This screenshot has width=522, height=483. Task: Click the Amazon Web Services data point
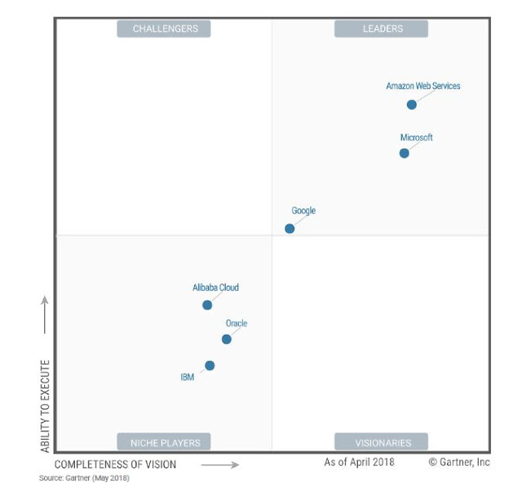point(412,104)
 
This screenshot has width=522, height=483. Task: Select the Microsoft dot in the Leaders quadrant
point(405,153)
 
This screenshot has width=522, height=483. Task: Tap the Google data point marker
point(290,228)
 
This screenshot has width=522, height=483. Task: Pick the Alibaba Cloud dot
point(207,305)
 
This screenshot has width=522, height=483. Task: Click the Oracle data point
point(227,339)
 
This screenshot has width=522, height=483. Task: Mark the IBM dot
point(210,366)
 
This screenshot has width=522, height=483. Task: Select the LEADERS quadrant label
point(383,29)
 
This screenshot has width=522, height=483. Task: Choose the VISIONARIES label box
point(383,443)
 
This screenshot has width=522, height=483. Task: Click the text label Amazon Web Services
point(422,86)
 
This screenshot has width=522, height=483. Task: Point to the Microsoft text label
point(416,138)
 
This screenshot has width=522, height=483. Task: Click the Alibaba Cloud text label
point(215,288)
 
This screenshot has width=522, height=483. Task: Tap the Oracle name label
point(237,323)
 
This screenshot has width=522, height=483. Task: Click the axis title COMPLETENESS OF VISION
point(115,465)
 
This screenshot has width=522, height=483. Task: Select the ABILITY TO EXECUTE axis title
point(46,406)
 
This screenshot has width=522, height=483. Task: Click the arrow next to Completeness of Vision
point(219,465)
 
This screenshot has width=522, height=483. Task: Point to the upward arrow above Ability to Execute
point(45,314)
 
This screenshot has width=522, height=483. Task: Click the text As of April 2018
point(359,462)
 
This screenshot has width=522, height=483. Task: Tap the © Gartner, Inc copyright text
point(459,462)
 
